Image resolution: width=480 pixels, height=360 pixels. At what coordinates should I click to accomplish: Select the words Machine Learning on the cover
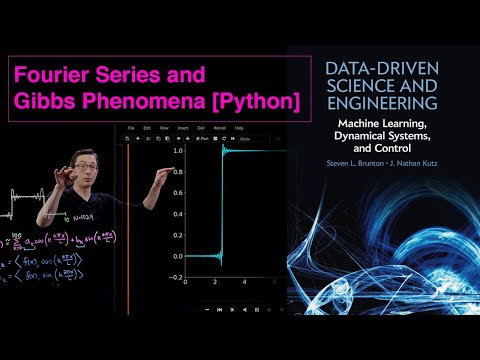click(x=379, y=124)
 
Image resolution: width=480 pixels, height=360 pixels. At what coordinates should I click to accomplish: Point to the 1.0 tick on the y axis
click(x=177, y=150)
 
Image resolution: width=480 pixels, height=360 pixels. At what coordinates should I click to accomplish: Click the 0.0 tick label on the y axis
click(x=177, y=256)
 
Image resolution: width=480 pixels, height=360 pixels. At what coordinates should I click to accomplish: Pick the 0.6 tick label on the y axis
click(x=177, y=192)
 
